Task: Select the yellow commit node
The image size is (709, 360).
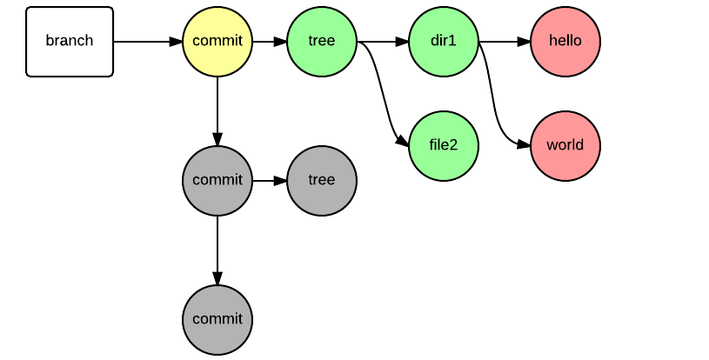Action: pos(217,41)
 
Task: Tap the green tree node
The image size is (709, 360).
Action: pos(322,41)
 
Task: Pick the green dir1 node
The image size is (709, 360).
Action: pos(444,41)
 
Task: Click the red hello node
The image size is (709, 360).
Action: pos(565,41)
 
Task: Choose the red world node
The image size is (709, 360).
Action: pos(565,145)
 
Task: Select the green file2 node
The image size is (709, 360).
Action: pos(444,145)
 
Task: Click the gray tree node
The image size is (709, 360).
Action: pos(322,180)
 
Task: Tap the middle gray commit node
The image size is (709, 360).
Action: pos(217,180)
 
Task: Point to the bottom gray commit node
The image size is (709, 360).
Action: pos(217,319)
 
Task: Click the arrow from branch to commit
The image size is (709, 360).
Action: pos(148,41)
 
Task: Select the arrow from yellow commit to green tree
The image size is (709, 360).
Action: pos(270,41)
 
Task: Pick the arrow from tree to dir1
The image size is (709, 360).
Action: pos(383,41)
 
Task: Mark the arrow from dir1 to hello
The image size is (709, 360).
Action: pos(505,41)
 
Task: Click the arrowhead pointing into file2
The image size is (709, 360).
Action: pos(402,141)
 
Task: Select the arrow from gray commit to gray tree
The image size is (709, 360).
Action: pos(270,180)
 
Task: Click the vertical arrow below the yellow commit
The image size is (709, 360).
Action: pos(217,110)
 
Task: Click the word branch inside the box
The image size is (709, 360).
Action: pos(70,41)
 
